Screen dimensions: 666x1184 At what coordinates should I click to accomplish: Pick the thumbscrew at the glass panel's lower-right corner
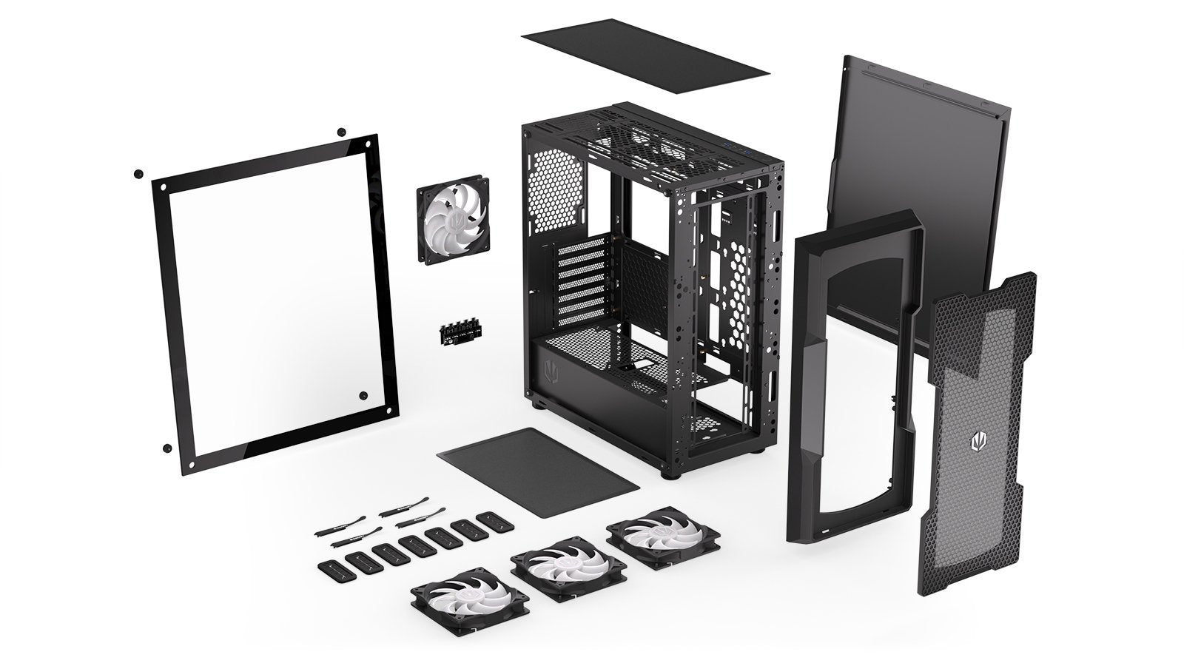(x=363, y=396)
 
